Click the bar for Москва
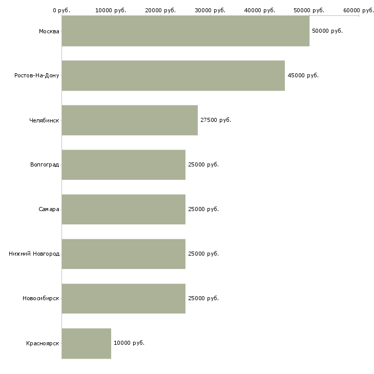click(x=185, y=31)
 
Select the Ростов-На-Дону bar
click(x=173, y=76)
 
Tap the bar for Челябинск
click(x=130, y=120)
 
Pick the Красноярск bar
click(x=86, y=343)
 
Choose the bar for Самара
click(x=123, y=210)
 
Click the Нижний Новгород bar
click(x=123, y=254)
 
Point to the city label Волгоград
click(x=45, y=165)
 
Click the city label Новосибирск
click(x=41, y=299)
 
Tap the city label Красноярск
click(x=43, y=343)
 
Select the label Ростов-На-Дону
click(x=37, y=76)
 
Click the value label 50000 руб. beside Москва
click(x=327, y=31)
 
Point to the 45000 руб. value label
click(x=303, y=76)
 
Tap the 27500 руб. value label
click(x=216, y=120)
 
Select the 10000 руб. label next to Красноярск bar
click(x=129, y=343)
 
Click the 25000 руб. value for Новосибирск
click(x=203, y=299)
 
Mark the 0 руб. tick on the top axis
click(x=61, y=10)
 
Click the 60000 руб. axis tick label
click(x=359, y=10)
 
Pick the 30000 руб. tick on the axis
click(x=210, y=10)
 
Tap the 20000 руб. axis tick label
click(x=160, y=10)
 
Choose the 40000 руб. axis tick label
click(x=260, y=10)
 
